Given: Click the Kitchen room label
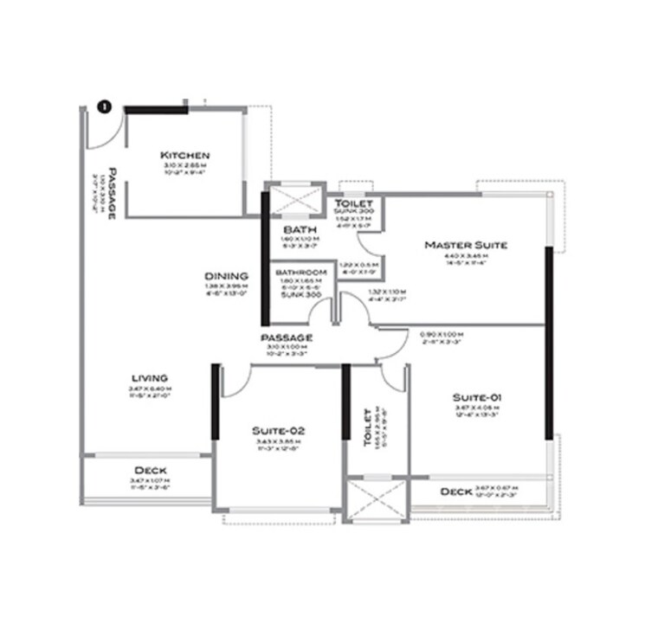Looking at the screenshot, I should pos(185,156).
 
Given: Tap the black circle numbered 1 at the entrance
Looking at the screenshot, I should pos(104,107).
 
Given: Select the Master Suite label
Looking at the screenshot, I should pos(465,245).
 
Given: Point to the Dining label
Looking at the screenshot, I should pos(227,276).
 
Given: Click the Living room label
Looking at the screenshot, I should pos(149,378).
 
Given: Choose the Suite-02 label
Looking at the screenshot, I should pos(278,430).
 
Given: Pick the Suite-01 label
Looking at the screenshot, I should pos(477,397).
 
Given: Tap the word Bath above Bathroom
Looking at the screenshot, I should pos(293,229).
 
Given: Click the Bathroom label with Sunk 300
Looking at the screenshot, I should pos(300,273).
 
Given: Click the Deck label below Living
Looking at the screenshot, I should pos(150,471).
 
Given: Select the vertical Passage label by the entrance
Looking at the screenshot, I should pos(112,194).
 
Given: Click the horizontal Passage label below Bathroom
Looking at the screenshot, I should pos(285,337).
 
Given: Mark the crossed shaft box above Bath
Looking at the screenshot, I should pos(294,201).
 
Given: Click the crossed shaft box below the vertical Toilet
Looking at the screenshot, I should pos(376,500).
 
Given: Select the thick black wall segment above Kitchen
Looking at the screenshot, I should pos(155,110).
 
